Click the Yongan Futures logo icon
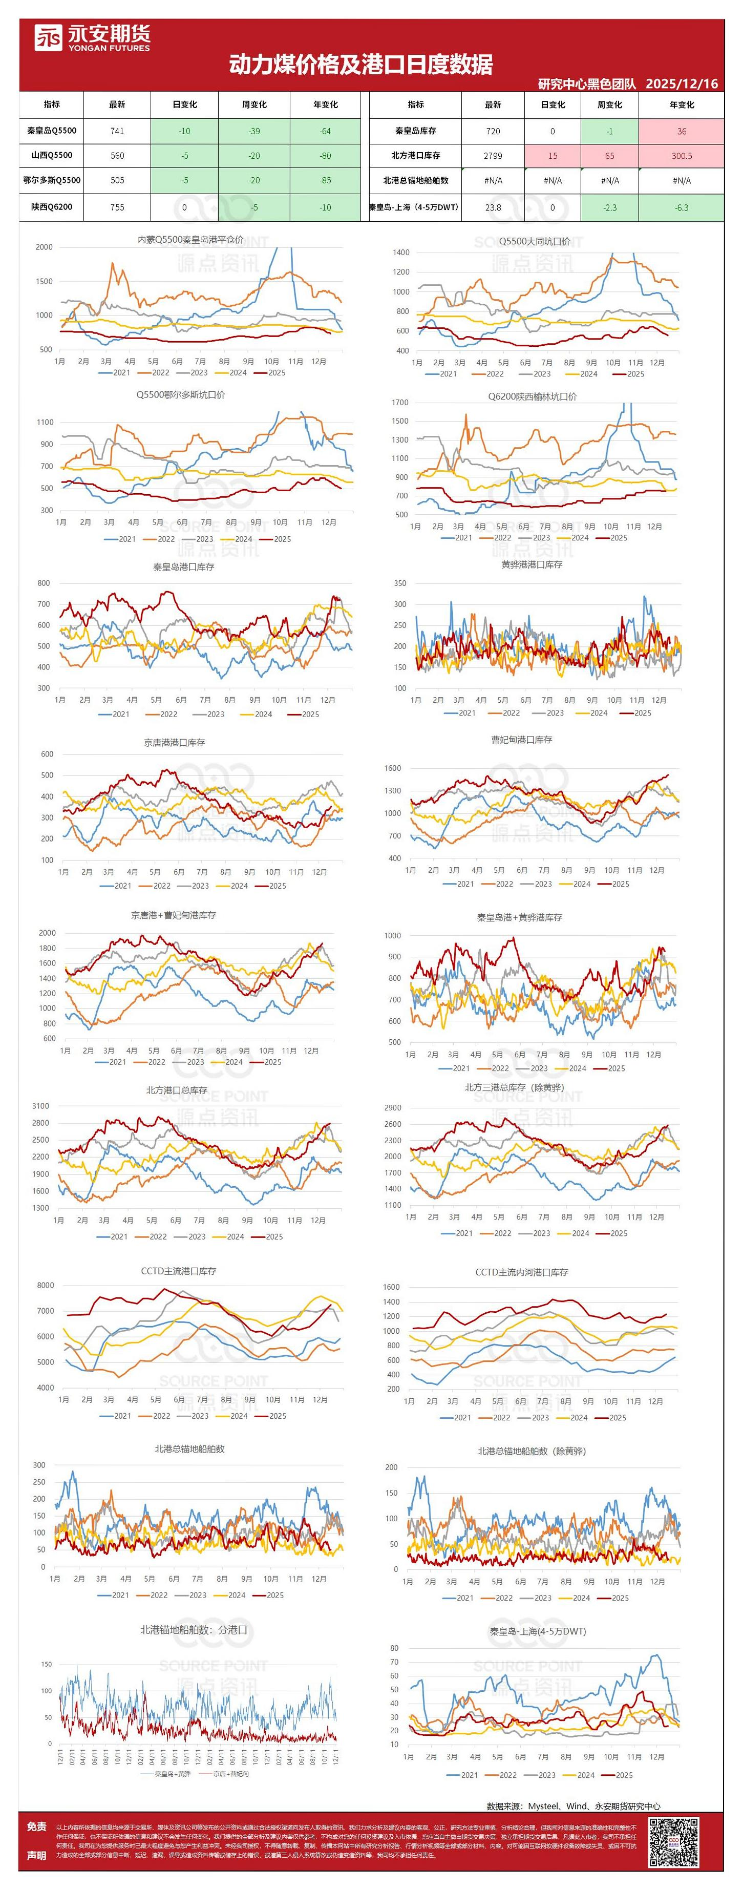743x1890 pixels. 49,37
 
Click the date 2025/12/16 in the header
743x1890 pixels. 682,83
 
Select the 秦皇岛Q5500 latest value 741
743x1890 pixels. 117,131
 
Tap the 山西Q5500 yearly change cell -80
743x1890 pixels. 325,156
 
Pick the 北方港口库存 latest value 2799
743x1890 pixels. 493,156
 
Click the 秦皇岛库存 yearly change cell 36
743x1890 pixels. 682,131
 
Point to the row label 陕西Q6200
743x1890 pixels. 51,207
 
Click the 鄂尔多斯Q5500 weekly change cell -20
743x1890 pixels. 254,180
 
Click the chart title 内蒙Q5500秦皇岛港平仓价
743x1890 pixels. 190,239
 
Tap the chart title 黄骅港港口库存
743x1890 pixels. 532,564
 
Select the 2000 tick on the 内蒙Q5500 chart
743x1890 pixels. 44,247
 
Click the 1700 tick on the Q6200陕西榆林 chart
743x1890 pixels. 400,402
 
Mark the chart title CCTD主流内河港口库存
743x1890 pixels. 521,1271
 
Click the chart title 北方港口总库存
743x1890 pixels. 176,1090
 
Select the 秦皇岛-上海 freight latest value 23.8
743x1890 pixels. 493,207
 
